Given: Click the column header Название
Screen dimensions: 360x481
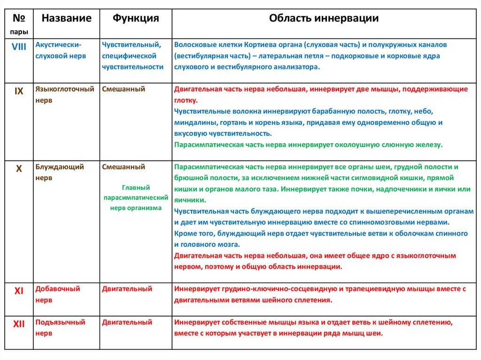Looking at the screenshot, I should (x=66, y=18).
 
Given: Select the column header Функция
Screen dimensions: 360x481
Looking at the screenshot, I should (x=135, y=18).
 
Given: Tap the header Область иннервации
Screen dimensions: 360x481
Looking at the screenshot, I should (x=324, y=18).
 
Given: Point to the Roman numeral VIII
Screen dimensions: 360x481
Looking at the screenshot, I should (x=19, y=45).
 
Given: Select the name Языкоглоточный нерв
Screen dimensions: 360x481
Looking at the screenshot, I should (x=65, y=94).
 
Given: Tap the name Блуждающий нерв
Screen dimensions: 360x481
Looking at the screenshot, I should (x=60, y=172).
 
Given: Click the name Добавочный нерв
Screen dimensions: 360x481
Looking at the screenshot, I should (x=58, y=294).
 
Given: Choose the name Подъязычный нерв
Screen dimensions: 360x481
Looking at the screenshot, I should (x=60, y=328).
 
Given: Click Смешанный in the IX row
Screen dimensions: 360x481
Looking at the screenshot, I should (x=124, y=89).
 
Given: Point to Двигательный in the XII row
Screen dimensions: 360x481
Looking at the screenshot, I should (x=127, y=322).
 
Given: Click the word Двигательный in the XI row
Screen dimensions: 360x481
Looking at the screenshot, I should (x=127, y=289).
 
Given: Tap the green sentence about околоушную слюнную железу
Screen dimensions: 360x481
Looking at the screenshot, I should (x=308, y=145).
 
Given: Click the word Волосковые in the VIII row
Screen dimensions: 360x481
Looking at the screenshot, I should (x=192, y=45).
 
